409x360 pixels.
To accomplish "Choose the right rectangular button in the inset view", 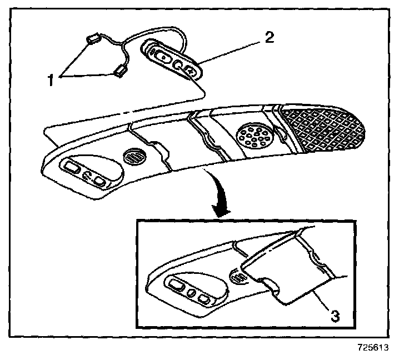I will click(x=205, y=301).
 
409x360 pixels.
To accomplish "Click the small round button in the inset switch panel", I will click(x=192, y=292).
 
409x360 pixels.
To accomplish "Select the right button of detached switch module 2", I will click(x=188, y=71).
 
